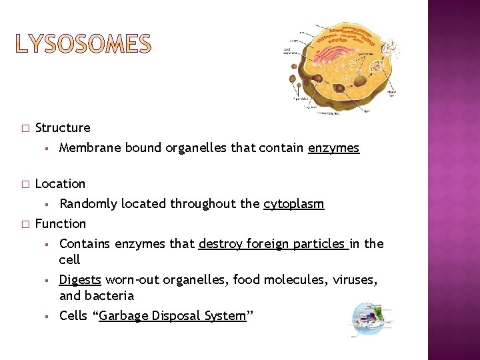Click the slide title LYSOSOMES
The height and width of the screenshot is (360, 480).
84,45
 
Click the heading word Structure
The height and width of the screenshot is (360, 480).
63,127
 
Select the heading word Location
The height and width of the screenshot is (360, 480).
60,183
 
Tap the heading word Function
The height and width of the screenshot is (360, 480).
61,223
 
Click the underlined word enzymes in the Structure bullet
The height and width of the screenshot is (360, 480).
333,148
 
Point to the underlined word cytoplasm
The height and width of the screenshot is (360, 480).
294,204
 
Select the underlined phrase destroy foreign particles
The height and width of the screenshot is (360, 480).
273,244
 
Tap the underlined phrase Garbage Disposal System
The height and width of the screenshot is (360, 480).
173,316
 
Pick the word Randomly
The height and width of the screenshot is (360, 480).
88,204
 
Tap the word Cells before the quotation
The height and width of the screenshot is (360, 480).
73,316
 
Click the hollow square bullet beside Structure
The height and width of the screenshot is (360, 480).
25,128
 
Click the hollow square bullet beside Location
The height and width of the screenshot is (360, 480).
25,184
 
